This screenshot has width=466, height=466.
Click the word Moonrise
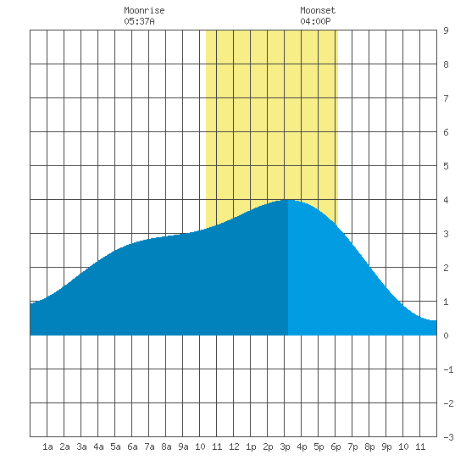(x=144, y=10)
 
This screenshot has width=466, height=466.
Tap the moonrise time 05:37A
(x=139, y=21)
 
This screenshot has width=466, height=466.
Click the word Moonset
(x=318, y=10)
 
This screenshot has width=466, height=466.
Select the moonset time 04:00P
(x=315, y=21)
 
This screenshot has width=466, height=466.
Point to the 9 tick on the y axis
(x=446, y=31)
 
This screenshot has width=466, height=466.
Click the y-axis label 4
(x=446, y=200)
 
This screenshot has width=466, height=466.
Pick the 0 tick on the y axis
(x=446, y=336)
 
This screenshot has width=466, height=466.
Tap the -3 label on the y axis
(x=448, y=437)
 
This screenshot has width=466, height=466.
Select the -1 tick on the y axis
(x=448, y=369)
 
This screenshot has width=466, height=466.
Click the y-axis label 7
(x=446, y=98)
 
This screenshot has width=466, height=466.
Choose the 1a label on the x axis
(x=47, y=447)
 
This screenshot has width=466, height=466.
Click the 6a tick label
(x=132, y=447)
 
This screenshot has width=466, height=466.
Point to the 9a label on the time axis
(x=183, y=447)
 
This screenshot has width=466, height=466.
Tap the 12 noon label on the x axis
(x=234, y=447)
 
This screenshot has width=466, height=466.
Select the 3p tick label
(x=285, y=447)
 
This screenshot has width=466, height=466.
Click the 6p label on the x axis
(x=336, y=447)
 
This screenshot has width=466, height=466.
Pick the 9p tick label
(x=386, y=447)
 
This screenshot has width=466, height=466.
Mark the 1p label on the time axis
(x=251, y=447)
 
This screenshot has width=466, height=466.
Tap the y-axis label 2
(x=446, y=268)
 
